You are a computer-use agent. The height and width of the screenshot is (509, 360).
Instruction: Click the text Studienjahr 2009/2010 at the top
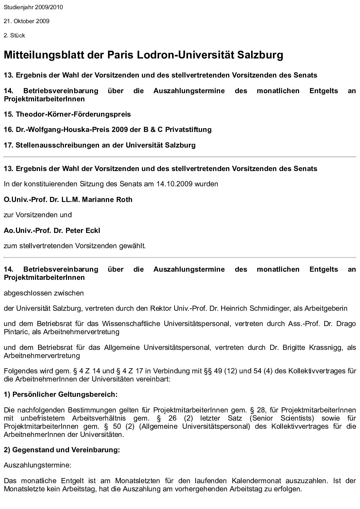tap(33, 7)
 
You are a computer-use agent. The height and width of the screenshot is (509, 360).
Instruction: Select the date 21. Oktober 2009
tap(27, 21)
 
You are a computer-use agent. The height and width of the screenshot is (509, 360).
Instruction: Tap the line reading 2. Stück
tap(14, 35)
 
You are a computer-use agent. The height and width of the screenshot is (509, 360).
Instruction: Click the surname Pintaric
tap(16, 332)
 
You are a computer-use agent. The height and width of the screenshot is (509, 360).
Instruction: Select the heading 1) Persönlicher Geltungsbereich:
tap(61, 395)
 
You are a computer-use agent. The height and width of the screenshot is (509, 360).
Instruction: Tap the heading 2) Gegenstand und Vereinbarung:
tap(62, 450)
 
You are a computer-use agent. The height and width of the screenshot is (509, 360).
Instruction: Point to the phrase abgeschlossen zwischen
tap(44, 293)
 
